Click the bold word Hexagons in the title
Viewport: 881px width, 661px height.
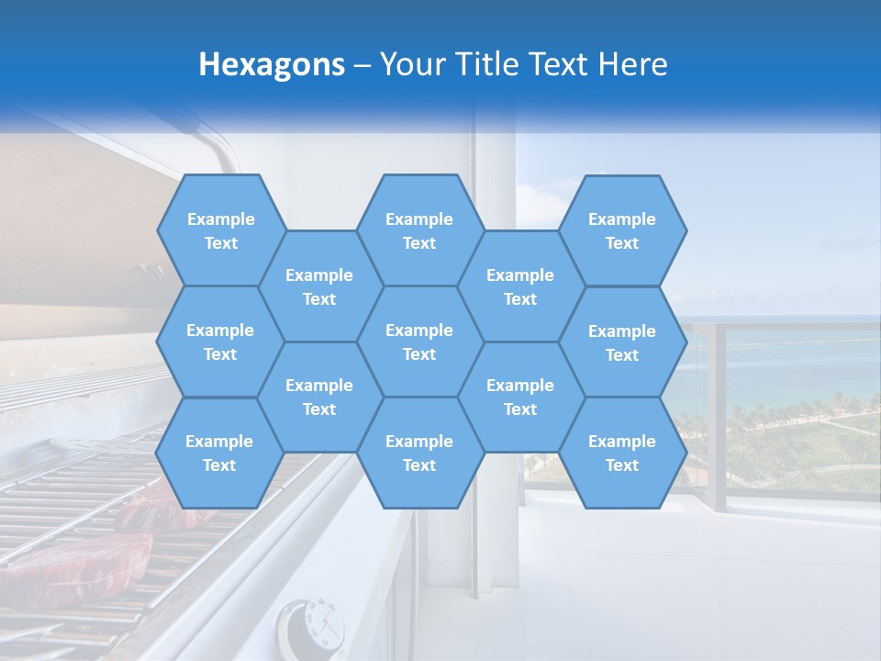click(x=272, y=64)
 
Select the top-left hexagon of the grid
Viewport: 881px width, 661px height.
click(x=220, y=230)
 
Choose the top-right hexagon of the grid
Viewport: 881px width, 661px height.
click(x=622, y=230)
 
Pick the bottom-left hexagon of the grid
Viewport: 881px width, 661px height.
click(x=219, y=453)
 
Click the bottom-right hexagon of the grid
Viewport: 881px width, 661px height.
click(x=622, y=453)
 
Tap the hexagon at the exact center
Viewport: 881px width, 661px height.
click(x=419, y=342)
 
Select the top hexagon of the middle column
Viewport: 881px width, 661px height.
click(x=419, y=230)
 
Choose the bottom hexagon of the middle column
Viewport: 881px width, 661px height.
click(x=419, y=453)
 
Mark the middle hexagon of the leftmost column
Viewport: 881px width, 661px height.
click(x=220, y=342)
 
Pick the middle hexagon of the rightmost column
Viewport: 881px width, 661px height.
click(x=622, y=342)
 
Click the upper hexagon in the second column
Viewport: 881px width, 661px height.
click(x=319, y=286)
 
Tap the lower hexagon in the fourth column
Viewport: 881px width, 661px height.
click(x=520, y=397)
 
